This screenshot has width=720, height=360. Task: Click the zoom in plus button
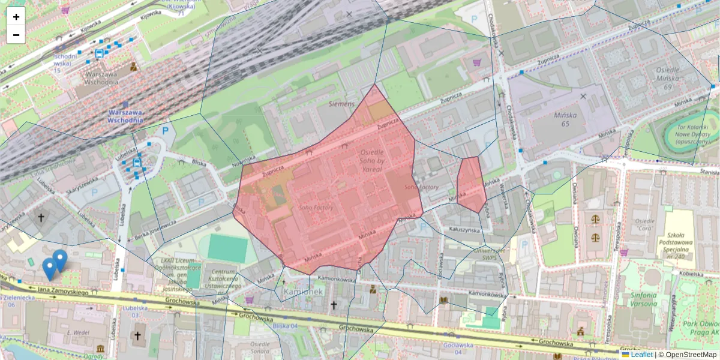tap(16, 17)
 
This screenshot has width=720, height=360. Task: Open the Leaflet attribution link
tap(641, 355)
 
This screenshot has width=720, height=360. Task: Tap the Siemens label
tap(342, 104)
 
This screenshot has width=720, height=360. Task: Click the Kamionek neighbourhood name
tap(304, 291)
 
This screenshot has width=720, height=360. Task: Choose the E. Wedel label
tap(78, 332)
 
